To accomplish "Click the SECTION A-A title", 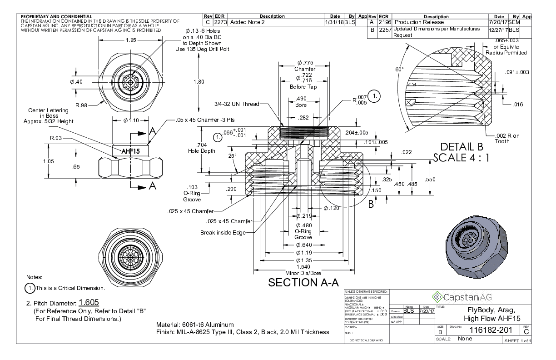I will [x=303, y=282].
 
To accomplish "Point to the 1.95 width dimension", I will [x=130, y=40].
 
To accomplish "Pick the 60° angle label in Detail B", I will [x=400, y=70].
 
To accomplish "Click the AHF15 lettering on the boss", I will [x=131, y=150].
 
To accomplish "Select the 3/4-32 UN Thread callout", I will [x=236, y=104].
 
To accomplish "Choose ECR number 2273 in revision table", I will [x=220, y=22].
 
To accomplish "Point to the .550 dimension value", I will [x=429, y=180].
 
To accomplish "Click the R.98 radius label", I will [x=81, y=105].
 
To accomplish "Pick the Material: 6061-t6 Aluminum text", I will [x=195, y=325].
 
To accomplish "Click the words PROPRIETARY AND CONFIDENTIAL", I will [x=56, y=17].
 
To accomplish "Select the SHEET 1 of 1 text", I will [x=516, y=340].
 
